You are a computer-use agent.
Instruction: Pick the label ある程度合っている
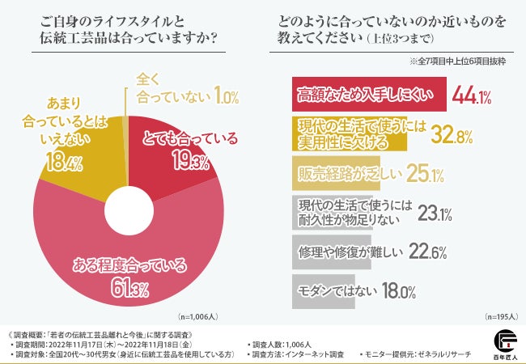(130, 264)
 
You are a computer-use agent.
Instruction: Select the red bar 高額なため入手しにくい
(367, 97)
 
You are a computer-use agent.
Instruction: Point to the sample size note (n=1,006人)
(197, 317)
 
